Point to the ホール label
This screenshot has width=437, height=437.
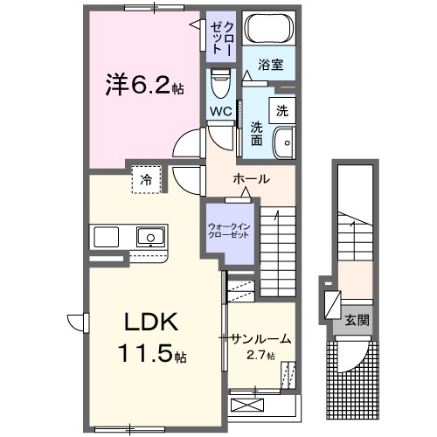pyautogui.click(x=250, y=179)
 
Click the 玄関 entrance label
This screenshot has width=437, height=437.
pyautogui.click(x=356, y=319)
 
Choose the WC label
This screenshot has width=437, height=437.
pyautogui.click(x=219, y=111)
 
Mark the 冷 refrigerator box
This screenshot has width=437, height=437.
pyautogui.click(x=145, y=179)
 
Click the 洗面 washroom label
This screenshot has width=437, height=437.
pyautogui.click(x=257, y=133)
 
